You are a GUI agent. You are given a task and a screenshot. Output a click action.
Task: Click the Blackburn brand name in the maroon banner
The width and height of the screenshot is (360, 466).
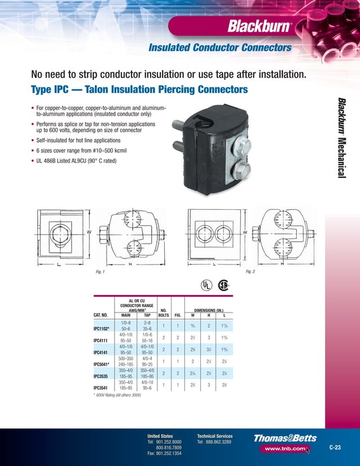(259, 26)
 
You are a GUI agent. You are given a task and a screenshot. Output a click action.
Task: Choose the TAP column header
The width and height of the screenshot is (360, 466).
(147, 315)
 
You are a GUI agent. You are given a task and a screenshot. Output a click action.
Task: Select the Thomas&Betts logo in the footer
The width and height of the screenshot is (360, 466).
(285, 438)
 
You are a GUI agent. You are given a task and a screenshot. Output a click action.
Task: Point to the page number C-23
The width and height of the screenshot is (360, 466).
(335, 447)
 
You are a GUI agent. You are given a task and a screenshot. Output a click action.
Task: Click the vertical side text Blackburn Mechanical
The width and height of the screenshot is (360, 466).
(341, 138)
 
